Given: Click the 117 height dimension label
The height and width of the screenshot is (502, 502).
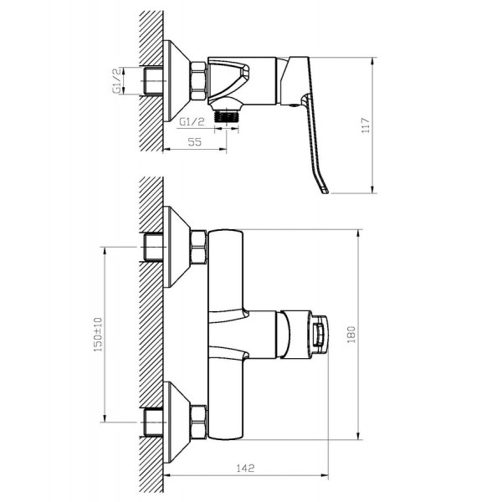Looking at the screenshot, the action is click(366, 125).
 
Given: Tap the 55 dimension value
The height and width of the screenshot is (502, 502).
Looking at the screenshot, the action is click(195, 142).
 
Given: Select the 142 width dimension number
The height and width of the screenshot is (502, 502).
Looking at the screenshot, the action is click(245, 468).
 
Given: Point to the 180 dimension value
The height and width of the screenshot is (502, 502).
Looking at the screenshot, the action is click(351, 334).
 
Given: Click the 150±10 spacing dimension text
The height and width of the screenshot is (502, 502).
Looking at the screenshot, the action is click(98, 334).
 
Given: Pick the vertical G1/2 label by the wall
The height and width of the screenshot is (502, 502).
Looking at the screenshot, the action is click(117, 80).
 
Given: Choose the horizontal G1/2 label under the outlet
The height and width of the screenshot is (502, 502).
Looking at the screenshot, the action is click(192, 121).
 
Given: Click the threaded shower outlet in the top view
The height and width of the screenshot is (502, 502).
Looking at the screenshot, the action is click(227, 116).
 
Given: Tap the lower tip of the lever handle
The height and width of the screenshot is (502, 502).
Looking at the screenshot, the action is click(325, 192).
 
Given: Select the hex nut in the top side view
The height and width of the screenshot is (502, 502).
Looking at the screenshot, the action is click(198, 81).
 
